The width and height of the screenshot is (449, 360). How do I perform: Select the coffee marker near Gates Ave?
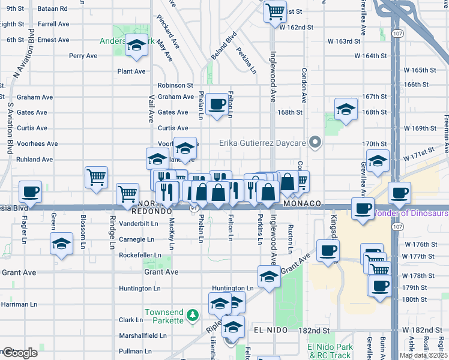tap(217, 104)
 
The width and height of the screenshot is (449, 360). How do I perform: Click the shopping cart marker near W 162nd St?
tap(275, 11)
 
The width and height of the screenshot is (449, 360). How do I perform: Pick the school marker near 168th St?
tap(346, 110)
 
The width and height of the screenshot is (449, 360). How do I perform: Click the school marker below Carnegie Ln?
tap(61, 245)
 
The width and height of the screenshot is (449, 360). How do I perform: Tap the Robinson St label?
tap(175, 86)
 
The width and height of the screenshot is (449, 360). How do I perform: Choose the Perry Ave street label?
tap(83, 56)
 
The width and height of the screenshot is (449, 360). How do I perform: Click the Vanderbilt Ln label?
tap(138, 223)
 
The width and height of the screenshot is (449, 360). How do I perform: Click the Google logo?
tap(20, 353)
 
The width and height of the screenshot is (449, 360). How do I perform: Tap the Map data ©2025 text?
tap(423, 355)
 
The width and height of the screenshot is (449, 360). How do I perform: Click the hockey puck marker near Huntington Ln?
tap(269, 277)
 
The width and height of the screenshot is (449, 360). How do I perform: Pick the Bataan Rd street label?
tap(52, 9)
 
